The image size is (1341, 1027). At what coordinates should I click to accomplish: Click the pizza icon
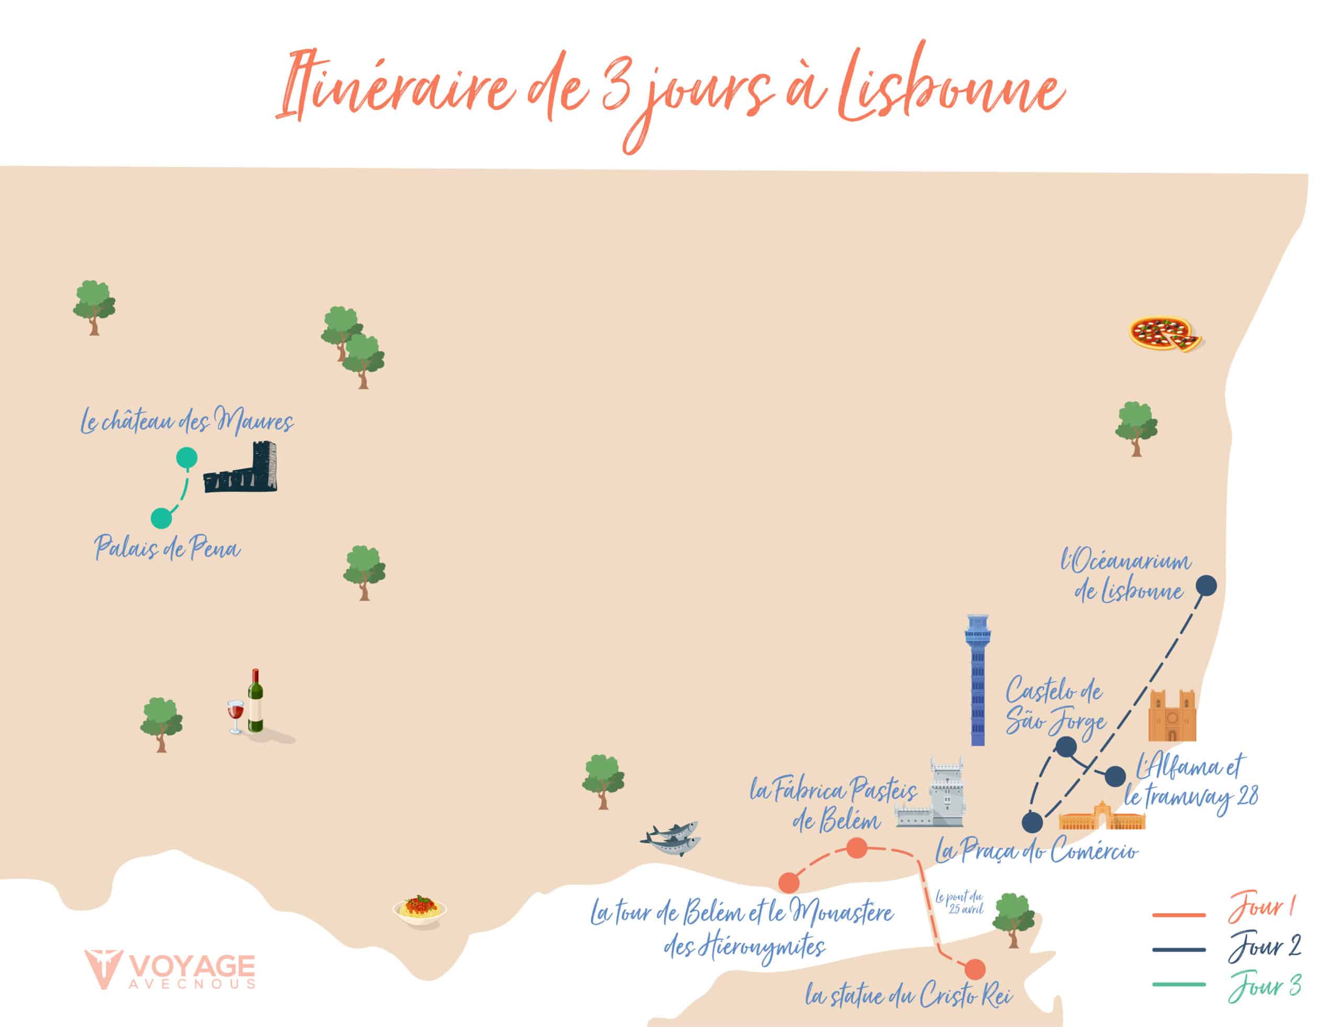click(1163, 334)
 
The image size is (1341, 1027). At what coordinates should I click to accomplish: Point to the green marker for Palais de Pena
click(161, 518)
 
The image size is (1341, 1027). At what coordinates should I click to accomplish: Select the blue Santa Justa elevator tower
click(977, 679)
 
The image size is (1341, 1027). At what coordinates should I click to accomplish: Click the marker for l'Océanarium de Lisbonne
click(1206, 586)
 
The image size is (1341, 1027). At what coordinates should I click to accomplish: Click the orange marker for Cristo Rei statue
click(975, 969)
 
